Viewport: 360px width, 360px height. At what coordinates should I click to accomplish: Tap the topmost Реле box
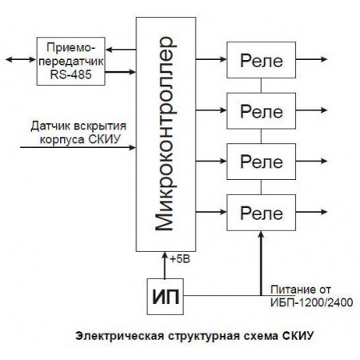pyautogui.click(x=262, y=60)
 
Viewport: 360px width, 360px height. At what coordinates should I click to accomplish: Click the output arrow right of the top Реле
pyautogui.click(x=312, y=59)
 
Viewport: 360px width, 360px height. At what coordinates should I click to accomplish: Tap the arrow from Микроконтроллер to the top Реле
pyautogui.click(x=210, y=59)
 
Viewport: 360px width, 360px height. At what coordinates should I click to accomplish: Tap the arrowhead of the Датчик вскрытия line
pyautogui.click(x=130, y=145)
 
